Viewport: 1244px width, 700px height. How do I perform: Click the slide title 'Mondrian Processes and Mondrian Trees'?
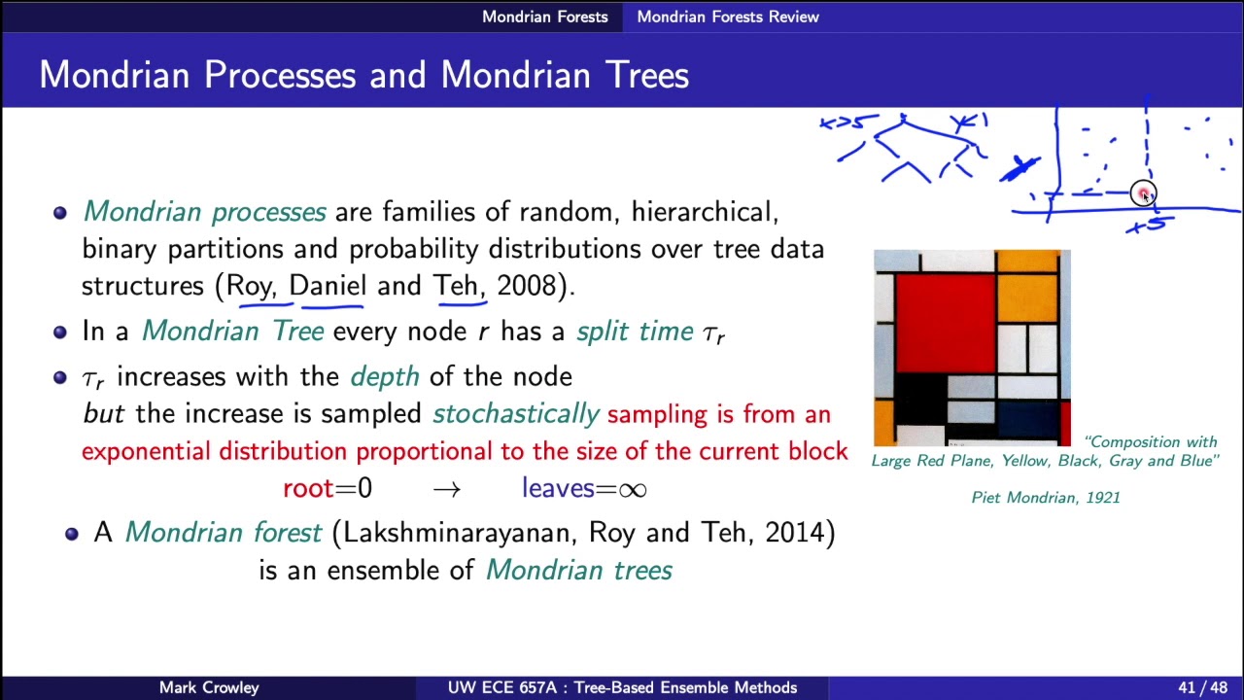click(363, 75)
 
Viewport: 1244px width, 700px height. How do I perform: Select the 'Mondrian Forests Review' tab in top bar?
click(727, 17)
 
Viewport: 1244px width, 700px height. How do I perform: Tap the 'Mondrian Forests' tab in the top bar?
click(544, 17)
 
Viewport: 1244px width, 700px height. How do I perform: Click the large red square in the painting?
click(945, 322)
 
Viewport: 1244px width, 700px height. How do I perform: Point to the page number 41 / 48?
click(1203, 687)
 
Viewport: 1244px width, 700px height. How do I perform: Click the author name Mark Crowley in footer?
click(209, 687)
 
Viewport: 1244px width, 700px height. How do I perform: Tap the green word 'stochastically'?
click(515, 414)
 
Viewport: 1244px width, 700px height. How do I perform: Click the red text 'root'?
click(307, 488)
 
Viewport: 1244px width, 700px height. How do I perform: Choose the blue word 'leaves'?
click(553, 488)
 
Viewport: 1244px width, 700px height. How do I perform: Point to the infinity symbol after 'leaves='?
click(632, 489)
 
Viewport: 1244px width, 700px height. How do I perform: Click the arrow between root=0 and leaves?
click(446, 489)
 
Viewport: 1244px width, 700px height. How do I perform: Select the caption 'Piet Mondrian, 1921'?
click(1046, 497)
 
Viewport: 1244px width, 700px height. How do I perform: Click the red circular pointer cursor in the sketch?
click(1144, 193)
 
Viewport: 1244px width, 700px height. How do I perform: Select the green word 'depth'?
click(384, 376)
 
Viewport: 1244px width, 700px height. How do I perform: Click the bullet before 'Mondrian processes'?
click(60, 212)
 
